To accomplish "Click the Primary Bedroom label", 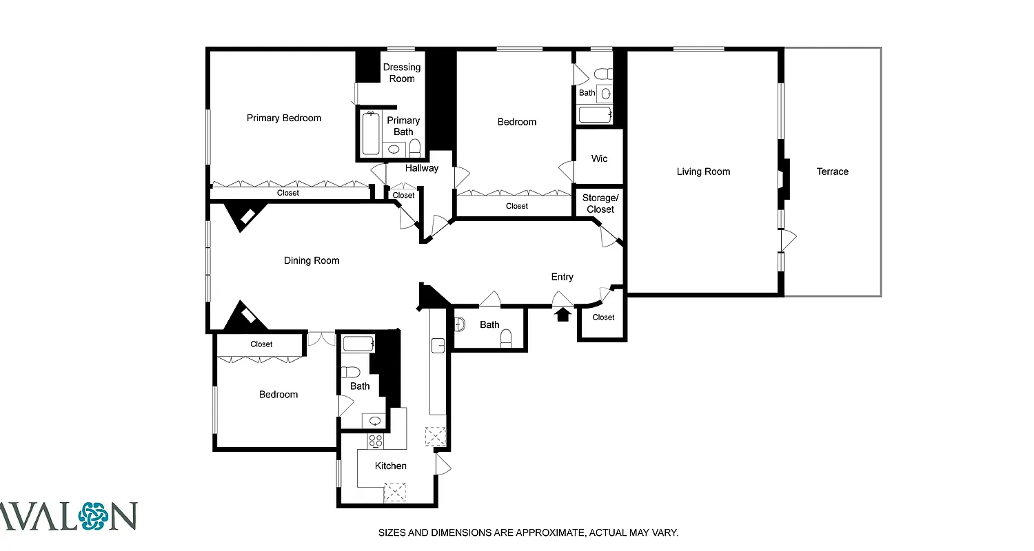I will tap(284, 118).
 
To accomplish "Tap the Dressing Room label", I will tap(402, 73).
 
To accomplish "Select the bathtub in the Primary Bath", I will tap(371, 133).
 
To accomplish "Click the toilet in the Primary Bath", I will tap(415, 147).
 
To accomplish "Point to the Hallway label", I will tap(421, 168).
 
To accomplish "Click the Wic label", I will tap(600, 158).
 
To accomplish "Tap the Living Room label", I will tap(703, 171).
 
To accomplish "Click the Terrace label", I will tap(832, 171).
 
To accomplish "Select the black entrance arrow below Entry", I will tap(563, 315).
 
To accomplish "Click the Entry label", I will tap(562, 277).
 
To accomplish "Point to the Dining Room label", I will tap(312, 260).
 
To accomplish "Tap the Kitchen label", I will tap(390, 466).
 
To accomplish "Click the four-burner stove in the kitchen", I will tap(376, 441).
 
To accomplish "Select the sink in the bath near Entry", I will tap(460, 324).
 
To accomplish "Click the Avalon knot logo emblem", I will tap(94, 516).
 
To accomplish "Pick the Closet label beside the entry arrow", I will tap(603, 318).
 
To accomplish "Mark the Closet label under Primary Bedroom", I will tap(288, 193).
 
